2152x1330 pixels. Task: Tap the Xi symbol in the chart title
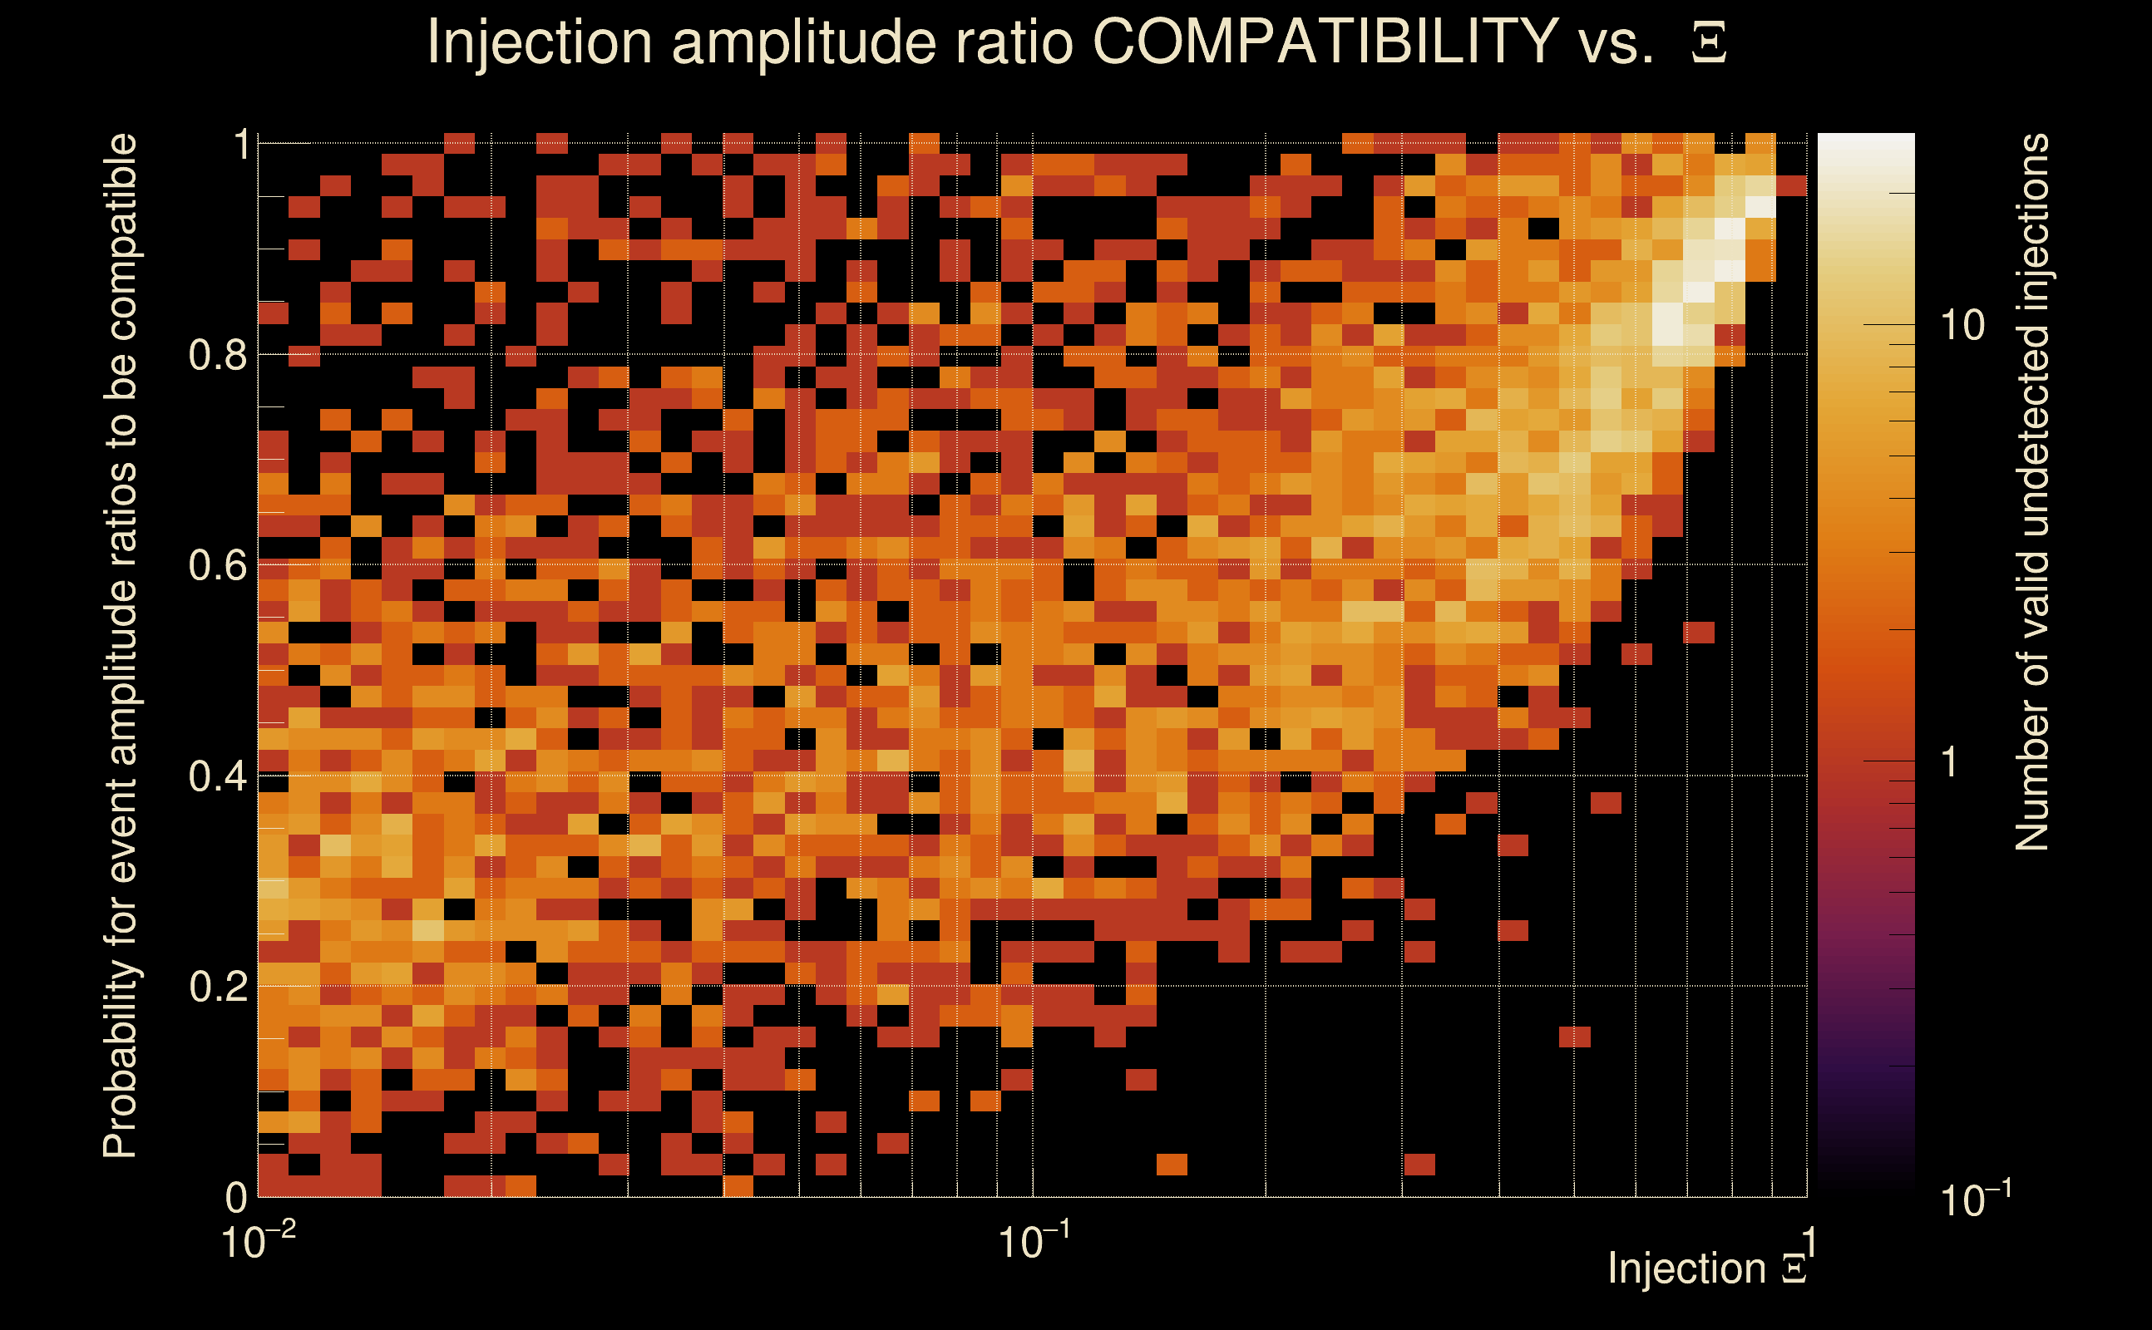[x=1709, y=43]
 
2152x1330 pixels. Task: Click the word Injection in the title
[x=539, y=43]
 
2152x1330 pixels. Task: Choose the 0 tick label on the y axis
[x=236, y=1197]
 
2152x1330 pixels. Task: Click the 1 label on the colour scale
[x=1951, y=761]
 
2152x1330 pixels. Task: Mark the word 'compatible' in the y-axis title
[x=121, y=238]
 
